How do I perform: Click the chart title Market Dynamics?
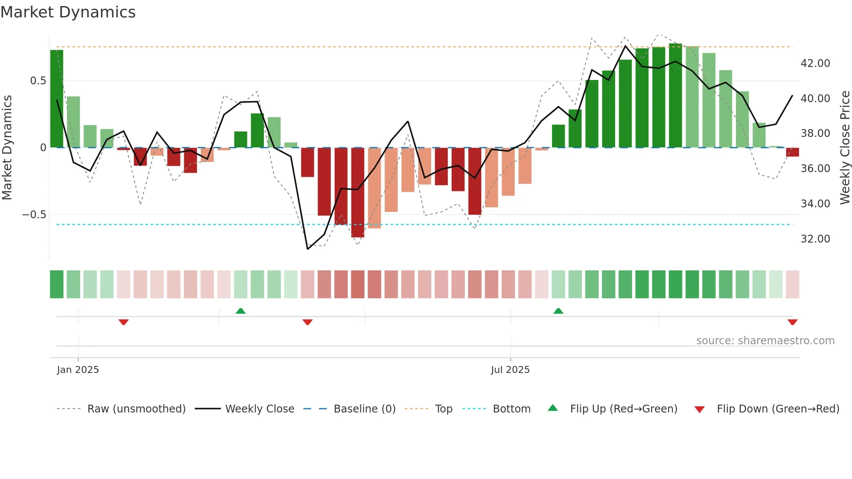(x=68, y=12)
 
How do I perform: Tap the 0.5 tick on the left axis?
(x=38, y=81)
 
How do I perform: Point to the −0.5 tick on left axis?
(x=34, y=215)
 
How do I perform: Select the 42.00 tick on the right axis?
(x=815, y=63)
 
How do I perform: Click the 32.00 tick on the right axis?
(x=815, y=239)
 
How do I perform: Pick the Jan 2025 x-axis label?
(x=78, y=370)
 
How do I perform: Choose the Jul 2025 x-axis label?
(x=510, y=370)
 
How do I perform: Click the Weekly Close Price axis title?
(x=845, y=147)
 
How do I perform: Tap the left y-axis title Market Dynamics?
(x=7, y=147)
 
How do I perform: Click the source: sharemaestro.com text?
(x=765, y=341)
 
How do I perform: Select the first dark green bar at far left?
(x=57, y=99)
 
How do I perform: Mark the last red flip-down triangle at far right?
(x=792, y=322)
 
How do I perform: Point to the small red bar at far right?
(x=792, y=152)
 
